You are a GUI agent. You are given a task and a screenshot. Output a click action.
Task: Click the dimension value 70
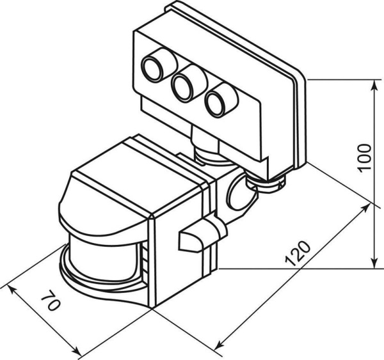(x=51, y=301)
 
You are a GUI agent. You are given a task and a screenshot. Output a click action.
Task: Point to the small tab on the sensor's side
(x=191, y=238)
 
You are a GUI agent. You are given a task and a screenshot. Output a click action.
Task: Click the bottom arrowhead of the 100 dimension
(x=374, y=265)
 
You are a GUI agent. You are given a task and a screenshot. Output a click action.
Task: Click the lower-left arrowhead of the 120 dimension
(x=221, y=351)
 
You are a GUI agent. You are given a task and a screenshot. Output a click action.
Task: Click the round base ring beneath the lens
(x=96, y=288)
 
